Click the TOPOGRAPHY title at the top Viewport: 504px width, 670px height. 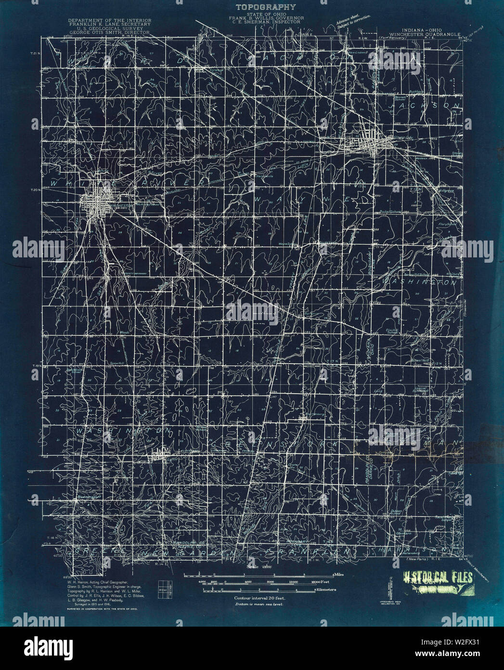(265, 7)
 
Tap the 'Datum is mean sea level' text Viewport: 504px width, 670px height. (258, 603)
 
